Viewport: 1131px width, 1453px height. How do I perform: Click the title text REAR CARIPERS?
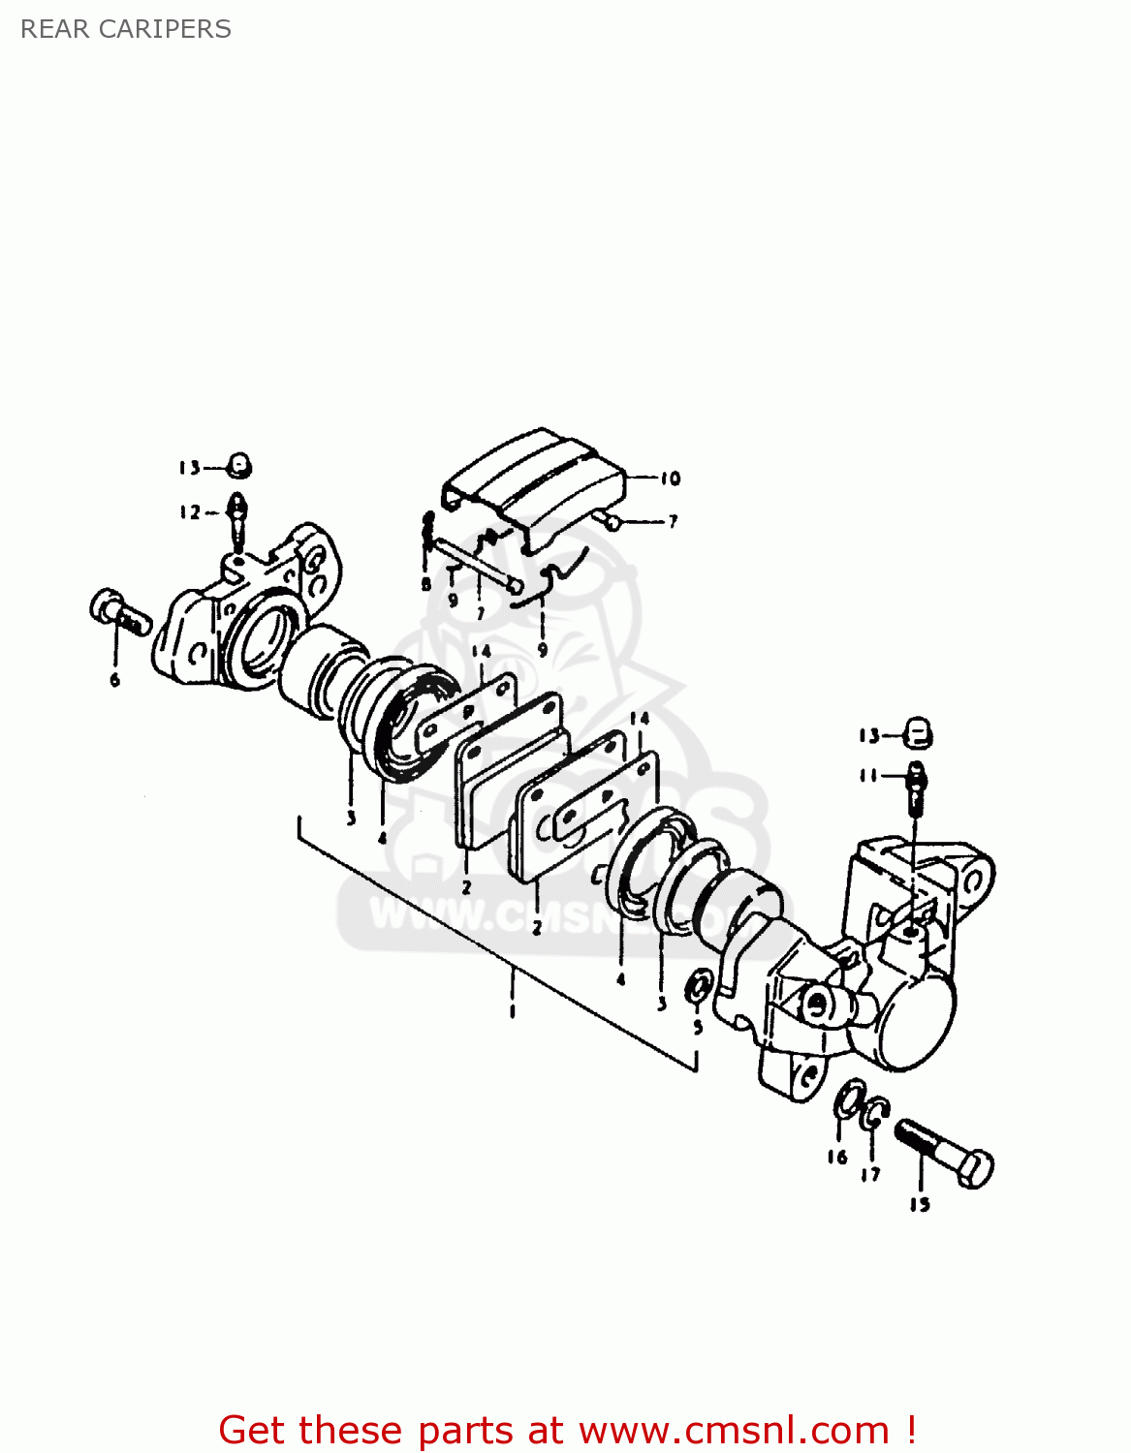(x=126, y=29)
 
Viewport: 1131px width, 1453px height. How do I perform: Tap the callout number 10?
(x=670, y=479)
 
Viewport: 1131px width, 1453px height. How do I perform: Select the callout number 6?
(x=115, y=680)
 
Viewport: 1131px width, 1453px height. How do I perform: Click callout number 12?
(x=190, y=512)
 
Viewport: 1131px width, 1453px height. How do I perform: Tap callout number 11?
(x=868, y=776)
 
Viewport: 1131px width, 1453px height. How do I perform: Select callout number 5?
(x=698, y=1028)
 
